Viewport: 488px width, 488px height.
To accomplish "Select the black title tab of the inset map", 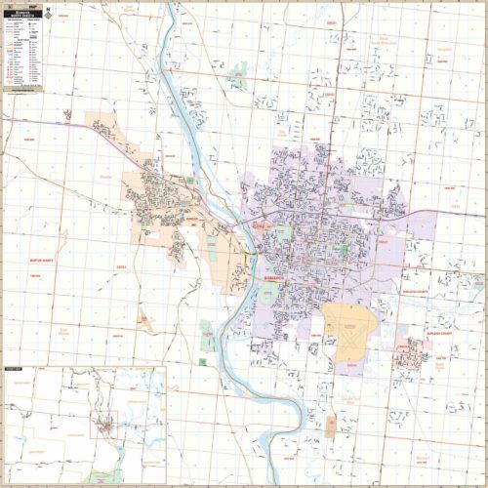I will pos(15,368).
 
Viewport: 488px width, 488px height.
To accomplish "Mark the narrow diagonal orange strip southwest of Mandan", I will pos(143,316).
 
